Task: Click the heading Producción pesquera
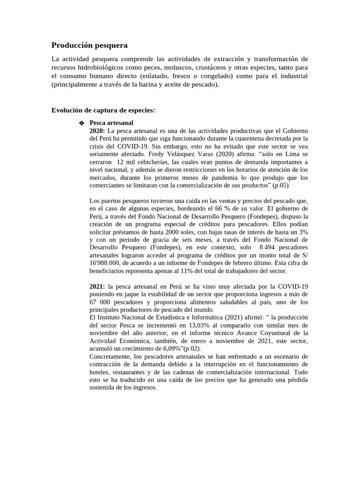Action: point(89,45)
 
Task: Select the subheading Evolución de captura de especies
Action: point(103,110)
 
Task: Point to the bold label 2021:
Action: point(97,286)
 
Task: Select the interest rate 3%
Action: point(303,232)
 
